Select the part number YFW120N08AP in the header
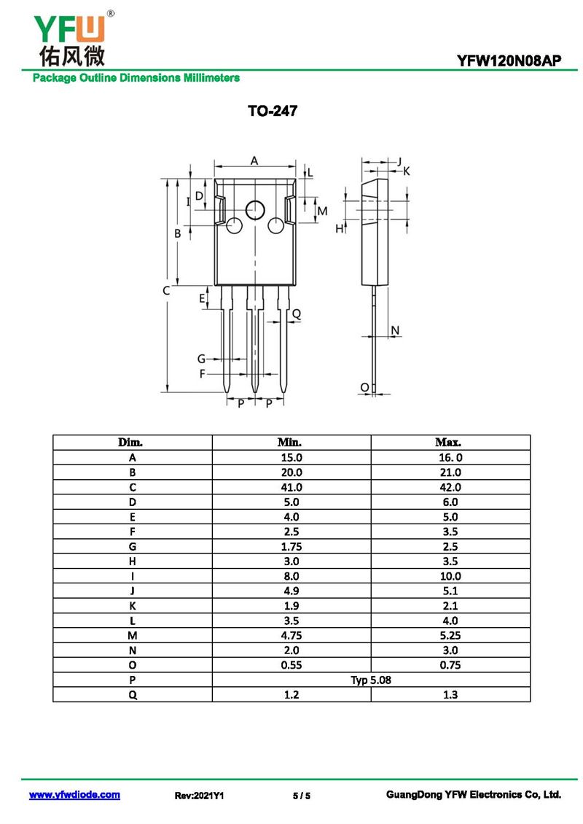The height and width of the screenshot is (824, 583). tap(509, 62)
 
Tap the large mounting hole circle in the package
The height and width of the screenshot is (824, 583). tap(255, 210)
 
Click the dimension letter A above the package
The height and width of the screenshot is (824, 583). tap(254, 160)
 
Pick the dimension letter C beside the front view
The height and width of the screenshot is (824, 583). tap(166, 290)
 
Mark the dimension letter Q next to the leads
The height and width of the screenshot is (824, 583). tap(296, 314)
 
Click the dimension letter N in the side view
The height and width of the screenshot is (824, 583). tap(395, 331)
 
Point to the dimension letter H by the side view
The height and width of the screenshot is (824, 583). tap(339, 229)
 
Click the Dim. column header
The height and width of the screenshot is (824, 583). tap(132, 443)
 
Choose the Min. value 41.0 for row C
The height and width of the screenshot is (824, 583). tap(291, 487)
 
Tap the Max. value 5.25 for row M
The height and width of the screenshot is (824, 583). tap(450, 635)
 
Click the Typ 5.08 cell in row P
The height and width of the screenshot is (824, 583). tap(370, 680)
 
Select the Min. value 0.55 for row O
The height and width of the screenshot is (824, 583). tap(291, 665)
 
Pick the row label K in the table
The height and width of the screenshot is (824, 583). tap(132, 606)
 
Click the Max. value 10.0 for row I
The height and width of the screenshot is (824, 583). tap(450, 576)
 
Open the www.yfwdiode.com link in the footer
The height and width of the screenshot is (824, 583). tap(74, 795)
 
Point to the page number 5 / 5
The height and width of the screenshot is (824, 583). tap(301, 796)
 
